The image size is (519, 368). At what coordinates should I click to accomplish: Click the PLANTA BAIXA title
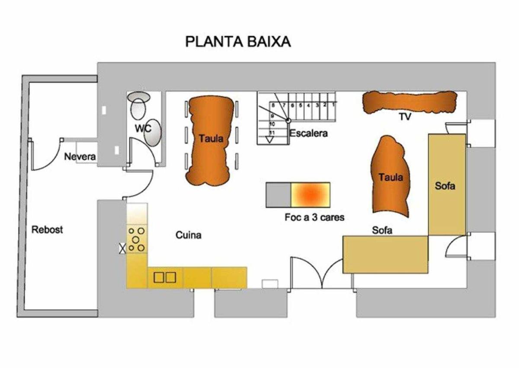[238, 42]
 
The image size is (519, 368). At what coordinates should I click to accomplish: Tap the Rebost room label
[47, 229]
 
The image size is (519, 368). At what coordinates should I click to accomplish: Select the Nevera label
[80, 157]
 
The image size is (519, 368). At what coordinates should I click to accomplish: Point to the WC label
[143, 128]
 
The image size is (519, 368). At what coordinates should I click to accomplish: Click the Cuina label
[189, 235]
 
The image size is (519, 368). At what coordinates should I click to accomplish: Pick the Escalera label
[309, 133]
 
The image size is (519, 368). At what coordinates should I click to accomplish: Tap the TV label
[405, 116]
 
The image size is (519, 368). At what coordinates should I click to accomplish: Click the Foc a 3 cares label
[314, 217]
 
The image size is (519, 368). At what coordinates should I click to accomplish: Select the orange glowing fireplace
[311, 195]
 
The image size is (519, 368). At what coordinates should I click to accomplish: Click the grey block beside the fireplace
[279, 195]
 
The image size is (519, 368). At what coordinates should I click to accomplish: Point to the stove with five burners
[137, 239]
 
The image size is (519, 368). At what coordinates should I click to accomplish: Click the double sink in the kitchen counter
[165, 278]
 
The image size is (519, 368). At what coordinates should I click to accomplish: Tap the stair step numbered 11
[272, 133]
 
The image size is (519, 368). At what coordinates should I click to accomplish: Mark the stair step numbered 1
[333, 105]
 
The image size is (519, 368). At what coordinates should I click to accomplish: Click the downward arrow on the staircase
[269, 139]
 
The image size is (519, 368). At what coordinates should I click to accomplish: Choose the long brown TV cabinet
[410, 102]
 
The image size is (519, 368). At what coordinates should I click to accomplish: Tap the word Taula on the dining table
[211, 139]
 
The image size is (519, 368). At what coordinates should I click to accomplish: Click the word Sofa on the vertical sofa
[445, 186]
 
